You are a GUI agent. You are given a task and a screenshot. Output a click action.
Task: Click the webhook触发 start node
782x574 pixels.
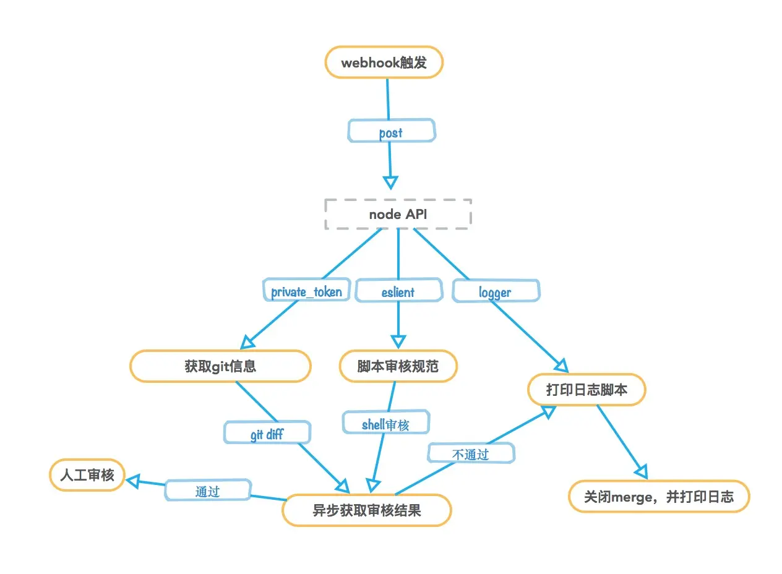384,62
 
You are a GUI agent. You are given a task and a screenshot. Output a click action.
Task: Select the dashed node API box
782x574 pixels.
398,214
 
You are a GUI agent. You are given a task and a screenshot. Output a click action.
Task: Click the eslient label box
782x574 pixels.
398,291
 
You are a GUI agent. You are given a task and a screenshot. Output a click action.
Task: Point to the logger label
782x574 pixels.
496,291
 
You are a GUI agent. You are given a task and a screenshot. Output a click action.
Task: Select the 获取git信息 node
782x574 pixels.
220,366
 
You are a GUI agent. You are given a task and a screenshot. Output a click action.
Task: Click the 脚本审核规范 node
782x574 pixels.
398,366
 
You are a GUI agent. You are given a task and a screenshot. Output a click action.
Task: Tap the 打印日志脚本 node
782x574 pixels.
586,390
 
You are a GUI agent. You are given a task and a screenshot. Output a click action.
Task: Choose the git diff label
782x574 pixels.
267,434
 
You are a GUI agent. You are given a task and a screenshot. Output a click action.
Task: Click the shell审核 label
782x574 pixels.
385,424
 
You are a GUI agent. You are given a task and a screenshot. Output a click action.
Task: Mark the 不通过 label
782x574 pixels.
471,454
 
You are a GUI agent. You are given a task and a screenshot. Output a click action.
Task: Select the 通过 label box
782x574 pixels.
208,490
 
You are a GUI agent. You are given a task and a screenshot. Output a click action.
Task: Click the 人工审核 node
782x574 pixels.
87,475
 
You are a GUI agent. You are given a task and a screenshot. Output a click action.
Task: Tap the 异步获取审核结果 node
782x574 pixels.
367,510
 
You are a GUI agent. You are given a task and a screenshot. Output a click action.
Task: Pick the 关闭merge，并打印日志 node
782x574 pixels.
659,497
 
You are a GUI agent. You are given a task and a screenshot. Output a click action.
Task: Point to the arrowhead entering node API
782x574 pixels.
390,182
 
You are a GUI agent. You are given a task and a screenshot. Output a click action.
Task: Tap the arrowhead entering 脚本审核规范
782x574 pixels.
398,341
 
